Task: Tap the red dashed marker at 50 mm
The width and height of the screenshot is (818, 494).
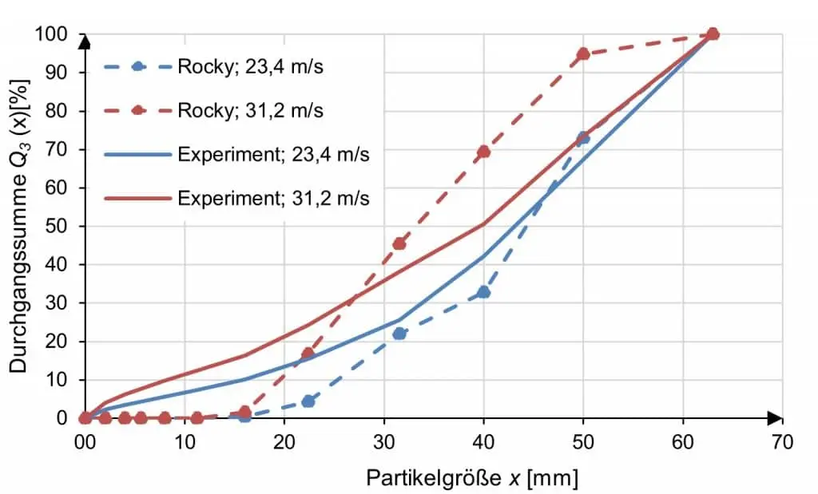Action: [x=583, y=53]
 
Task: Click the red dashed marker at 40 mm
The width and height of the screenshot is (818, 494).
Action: [x=483, y=152]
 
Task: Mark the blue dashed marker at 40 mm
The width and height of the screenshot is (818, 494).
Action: [x=483, y=292]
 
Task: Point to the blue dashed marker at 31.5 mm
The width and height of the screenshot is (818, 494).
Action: [x=399, y=333]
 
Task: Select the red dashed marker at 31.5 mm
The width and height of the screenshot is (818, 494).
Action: [x=399, y=243]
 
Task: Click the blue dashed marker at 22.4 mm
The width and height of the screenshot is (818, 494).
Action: [x=308, y=401]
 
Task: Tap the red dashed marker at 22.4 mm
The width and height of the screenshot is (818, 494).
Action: [x=308, y=353]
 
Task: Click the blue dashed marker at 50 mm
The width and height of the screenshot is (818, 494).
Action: [x=583, y=138]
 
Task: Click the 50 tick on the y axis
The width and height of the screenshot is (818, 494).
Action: [x=64, y=226]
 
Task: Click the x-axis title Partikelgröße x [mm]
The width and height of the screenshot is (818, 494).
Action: [x=471, y=477]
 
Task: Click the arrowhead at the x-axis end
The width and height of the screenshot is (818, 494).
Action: [x=775, y=417]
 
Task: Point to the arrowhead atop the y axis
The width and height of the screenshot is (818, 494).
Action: [x=85, y=41]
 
